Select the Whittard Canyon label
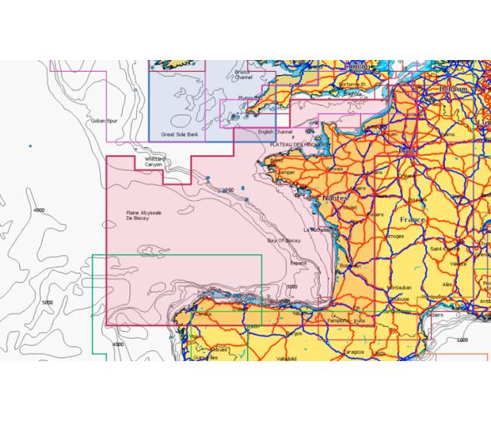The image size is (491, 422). (x=154, y=162)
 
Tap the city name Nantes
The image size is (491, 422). (x=335, y=199)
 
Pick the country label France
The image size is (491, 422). (x=413, y=219)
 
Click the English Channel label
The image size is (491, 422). (x=276, y=132)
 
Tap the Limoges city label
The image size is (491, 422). (x=394, y=236)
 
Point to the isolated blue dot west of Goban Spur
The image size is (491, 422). (x=30, y=146)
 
